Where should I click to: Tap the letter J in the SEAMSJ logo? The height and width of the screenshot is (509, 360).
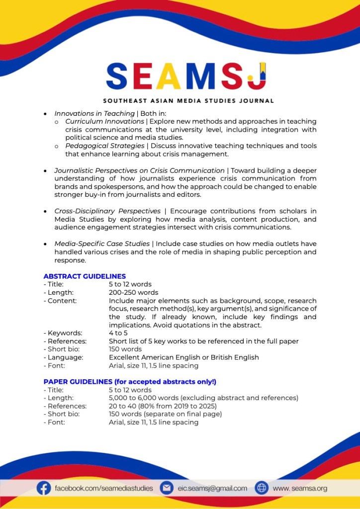tap(258, 76)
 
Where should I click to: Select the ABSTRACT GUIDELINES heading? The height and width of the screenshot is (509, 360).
tap(85, 276)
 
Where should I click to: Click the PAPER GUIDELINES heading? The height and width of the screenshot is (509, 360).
tap(130, 382)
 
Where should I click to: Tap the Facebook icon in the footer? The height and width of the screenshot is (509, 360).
tap(44, 488)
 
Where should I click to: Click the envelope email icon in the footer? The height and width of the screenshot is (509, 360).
tap(166, 488)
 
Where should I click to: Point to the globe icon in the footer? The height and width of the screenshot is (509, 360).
tap(262, 488)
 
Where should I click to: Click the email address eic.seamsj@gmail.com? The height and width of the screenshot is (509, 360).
tap(212, 488)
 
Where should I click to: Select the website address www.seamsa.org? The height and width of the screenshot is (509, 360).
tap(300, 488)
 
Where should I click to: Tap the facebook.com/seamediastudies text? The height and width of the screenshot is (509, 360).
tap(104, 488)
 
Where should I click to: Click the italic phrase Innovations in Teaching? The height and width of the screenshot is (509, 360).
tap(94, 114)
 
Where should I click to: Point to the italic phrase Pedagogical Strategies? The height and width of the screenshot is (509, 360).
tap(105, 146)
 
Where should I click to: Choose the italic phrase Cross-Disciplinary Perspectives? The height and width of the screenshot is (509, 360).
tap(107, 211)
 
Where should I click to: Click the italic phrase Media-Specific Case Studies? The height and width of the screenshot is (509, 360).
tap(102, 244)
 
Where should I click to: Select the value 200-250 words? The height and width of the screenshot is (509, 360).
tap(133, 293)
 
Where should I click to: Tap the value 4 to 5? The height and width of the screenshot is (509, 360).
tap(118, 333)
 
